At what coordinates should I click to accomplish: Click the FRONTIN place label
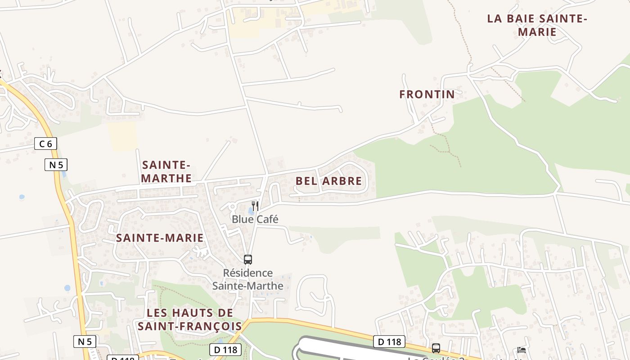[427, 94]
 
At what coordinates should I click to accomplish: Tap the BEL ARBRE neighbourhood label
[328, 181]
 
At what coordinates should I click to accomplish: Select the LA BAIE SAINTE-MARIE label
[537, 25]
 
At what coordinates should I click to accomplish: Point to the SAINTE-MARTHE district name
[166, 171]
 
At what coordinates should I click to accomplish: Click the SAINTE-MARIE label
[160, 238]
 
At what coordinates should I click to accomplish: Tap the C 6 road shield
[46, 144]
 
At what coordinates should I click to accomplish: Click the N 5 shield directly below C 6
[56, 165]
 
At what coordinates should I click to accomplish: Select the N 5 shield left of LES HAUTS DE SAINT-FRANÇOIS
[85, 342]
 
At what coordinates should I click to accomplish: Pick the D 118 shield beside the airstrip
[389, 342]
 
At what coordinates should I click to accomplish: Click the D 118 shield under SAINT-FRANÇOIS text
[225, 350]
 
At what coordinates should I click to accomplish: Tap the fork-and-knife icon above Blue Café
[255, 206]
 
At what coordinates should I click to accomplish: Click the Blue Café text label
[255, 220]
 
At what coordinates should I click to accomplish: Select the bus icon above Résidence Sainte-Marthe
[248, 260]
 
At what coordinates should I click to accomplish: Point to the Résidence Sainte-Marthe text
[248, 279]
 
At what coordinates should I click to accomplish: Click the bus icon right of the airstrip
[436, 348]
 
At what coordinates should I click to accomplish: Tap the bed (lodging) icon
[522, 350]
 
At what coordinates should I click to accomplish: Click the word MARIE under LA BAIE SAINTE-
[537, 32]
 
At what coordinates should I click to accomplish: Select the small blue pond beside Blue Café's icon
[250, 211]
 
